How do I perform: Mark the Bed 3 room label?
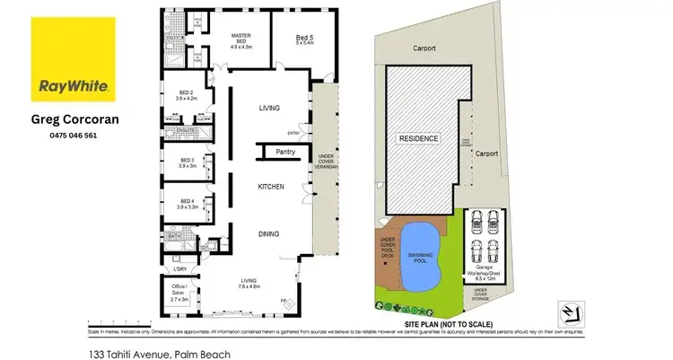pyautogui.click(x=187, y=163)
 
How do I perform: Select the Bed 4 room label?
pyautogui.click(x=187, y=203)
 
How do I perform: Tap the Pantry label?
pyautogui.click(x=286, y=152)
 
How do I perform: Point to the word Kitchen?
pyautogui.click(x=271, y=187)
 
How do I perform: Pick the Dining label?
pyautogui.click(x=268, y=233)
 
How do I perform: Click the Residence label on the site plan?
pyautogui.click(x=419, y=139)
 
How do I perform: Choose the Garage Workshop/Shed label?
pyautogui.click(x=485, y=273)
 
